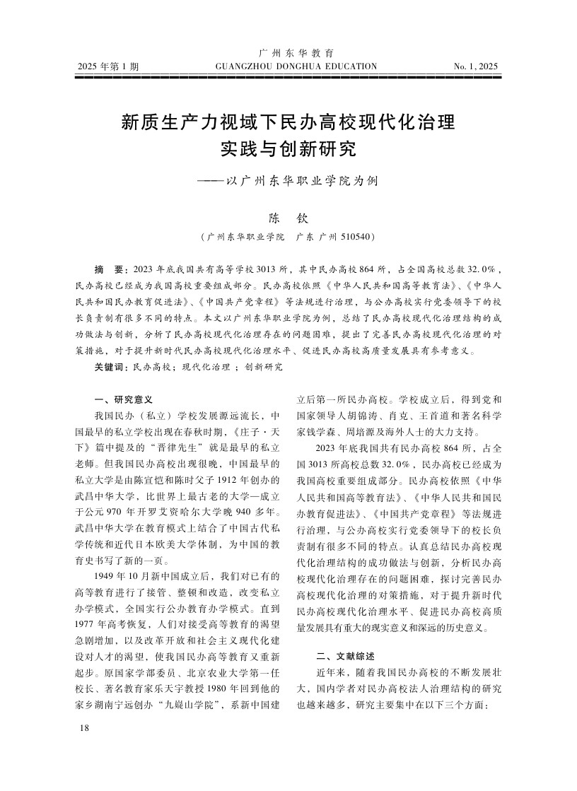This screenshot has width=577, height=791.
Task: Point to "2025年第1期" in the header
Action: [x=108, y=67]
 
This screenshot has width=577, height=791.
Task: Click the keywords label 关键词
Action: [x=112, y=367]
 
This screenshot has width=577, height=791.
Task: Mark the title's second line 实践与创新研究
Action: [x=288, y=150]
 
